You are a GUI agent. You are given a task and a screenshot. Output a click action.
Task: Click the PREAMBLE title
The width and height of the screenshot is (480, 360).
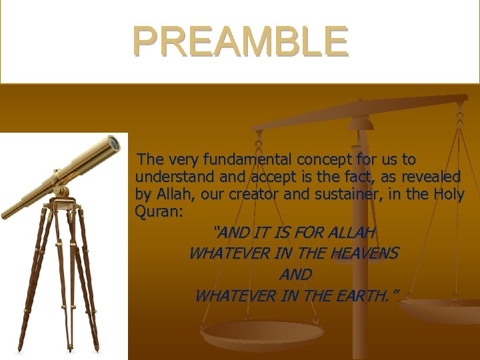coord(240,41)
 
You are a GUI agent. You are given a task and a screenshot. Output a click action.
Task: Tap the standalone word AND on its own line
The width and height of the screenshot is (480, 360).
coord(295,275)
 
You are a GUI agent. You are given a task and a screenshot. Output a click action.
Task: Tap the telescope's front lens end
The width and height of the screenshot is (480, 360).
coord(114,142)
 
